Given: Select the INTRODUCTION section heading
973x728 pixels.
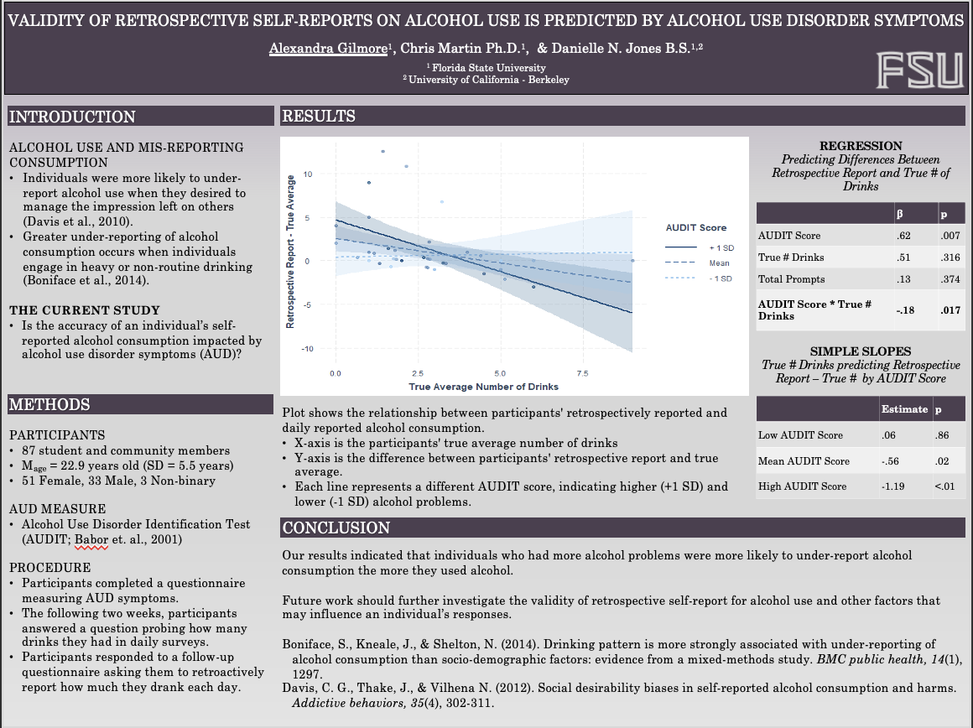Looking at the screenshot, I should (72, 117).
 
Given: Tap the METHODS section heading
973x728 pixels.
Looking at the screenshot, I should (49, 405).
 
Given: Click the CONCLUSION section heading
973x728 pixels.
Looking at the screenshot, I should (336, 528).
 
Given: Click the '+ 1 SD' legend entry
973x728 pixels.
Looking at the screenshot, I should (720, 248).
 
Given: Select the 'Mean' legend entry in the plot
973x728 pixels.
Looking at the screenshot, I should (719, 263).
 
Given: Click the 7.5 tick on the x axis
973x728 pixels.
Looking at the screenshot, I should (582, 373).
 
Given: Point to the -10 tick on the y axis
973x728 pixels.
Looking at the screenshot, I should (307, 348).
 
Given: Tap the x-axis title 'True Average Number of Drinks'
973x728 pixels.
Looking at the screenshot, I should (483, 387).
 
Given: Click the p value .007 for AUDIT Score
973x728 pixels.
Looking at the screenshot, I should (950, 236).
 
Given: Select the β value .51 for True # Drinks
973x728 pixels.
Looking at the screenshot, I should (904, 257).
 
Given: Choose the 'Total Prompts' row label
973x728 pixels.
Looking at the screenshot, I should (791, 279).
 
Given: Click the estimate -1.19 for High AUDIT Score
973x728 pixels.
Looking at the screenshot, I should (894, 486).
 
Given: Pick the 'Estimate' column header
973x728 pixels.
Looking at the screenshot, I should (904, 409).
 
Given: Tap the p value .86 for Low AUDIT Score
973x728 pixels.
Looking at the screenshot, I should (944, 435).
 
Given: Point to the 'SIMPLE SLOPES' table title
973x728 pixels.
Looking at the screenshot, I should (861, 351).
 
